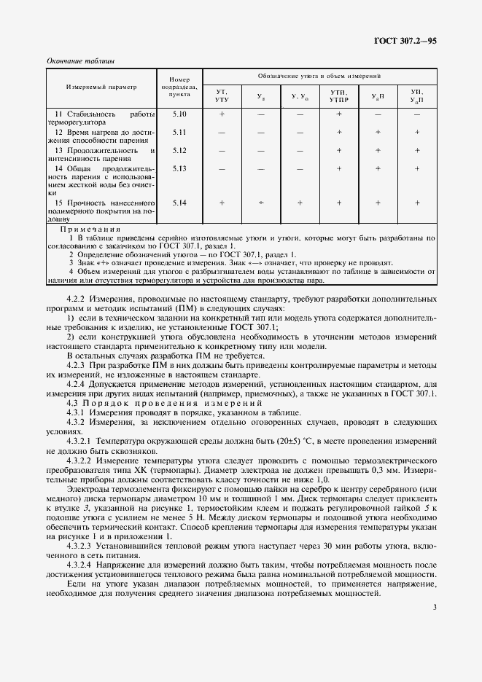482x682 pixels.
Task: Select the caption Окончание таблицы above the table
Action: [80, 60]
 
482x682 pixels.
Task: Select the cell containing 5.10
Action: [179, 114]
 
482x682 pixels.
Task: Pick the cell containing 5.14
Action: [179, 202]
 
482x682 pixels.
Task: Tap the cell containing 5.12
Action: [179, 150]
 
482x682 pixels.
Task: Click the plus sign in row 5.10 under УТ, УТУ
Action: [221, 114]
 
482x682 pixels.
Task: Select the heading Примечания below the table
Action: [90, 230]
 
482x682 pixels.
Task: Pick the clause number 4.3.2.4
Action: [80, 564]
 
